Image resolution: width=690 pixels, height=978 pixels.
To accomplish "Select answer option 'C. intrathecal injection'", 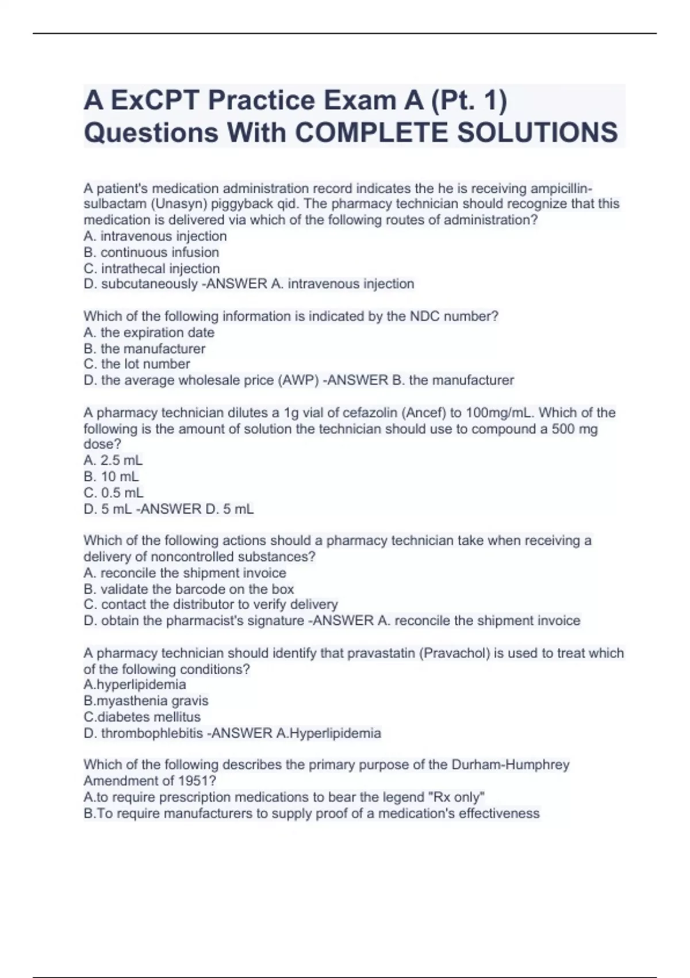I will coord(152,269).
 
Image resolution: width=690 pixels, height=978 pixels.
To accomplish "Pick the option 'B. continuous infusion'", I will coord(151,253).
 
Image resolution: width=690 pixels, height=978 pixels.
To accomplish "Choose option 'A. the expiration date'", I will coord(149,333).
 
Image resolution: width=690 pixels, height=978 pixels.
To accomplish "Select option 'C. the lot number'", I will coord(137,364).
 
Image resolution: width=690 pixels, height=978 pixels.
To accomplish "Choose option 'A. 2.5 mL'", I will coord(113,461).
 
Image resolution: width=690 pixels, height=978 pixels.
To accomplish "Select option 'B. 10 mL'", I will coord(112,477).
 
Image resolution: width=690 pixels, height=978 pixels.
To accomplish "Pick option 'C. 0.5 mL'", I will coord(114,493).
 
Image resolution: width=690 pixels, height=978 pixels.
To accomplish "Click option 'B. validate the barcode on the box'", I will coord(189,589).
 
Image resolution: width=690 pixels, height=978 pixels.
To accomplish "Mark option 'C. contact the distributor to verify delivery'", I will coord(210,605).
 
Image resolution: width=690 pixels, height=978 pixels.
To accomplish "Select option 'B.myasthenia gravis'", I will coord(146,701).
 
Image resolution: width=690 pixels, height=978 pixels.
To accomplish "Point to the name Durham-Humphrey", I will coord(511,765).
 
